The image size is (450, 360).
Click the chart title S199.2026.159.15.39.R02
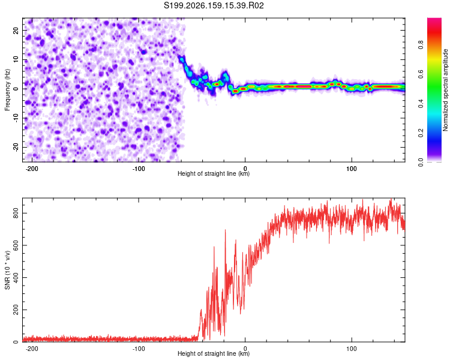pos(214,5)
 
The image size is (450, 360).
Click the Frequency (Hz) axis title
pos(7,90)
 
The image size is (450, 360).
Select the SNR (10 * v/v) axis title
pos(7,270)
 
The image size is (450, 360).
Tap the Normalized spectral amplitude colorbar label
pos(445,90)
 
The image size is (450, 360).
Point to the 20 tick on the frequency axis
pos(16,30)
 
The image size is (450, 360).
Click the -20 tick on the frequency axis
pos(16,147)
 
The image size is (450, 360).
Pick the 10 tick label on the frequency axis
pos(16,59)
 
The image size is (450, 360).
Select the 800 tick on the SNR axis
pos(16,214)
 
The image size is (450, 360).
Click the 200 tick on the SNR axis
pos(16,310)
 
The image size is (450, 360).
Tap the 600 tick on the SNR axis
pos(16,245)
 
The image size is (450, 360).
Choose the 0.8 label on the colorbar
pos(421,45)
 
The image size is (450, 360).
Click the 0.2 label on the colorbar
pos(421,133)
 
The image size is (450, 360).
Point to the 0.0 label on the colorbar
pos(421,162)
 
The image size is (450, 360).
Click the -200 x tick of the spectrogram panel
pos(32,169)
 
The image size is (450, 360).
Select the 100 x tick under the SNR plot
pos(352,349)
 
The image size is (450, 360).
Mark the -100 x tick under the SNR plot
pos(139,349)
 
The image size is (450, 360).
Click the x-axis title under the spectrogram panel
pos(214,173)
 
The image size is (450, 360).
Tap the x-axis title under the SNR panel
pos(214,353)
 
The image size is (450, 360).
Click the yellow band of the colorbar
pos(434,59)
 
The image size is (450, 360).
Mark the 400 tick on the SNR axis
pos(16,278)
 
